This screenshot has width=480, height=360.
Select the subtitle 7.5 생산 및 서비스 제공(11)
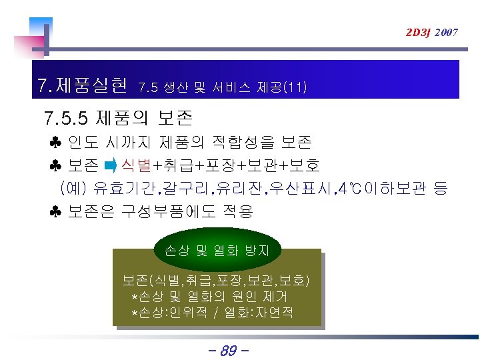coord(222,87)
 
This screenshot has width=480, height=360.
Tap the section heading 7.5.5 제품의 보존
coord(117,119)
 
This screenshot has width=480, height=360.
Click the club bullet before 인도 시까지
coord(55,143)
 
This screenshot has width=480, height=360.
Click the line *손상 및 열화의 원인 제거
coord(209,296)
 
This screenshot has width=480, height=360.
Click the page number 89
coord(227,349)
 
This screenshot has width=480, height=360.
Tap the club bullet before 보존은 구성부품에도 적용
coord(55,212)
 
